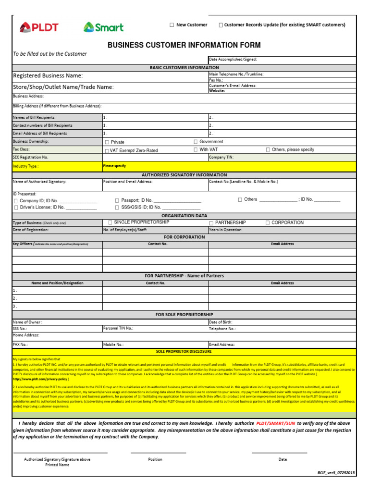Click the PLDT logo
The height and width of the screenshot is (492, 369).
tap(39, 27)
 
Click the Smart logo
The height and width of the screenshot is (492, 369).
tap(103, 27)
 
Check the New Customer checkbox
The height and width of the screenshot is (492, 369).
tap(172, 25)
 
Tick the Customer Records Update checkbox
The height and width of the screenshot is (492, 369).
tap(221, 25)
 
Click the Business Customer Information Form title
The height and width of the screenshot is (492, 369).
tap(184, 45)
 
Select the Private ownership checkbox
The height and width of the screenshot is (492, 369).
tap(107, 142)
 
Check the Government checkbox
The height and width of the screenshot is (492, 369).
tap(196, 142)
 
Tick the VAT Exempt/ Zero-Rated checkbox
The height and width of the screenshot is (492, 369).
tap(107, 151)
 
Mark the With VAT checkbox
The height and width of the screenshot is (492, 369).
tap(196, 150)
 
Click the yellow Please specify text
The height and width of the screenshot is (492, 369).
tap(114, 166)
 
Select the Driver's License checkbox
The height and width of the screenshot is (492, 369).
tap(16, 208)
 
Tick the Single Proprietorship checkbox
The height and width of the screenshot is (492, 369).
tap(110, 222)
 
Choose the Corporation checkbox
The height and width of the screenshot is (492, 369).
tap(268, 223)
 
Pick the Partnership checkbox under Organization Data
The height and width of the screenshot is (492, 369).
tap(211, 223)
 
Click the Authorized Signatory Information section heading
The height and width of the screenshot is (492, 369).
tap(184, 175)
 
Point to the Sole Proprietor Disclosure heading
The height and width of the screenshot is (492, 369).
tap(184, 352)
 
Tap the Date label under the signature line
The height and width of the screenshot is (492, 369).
tap(283, 459)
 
